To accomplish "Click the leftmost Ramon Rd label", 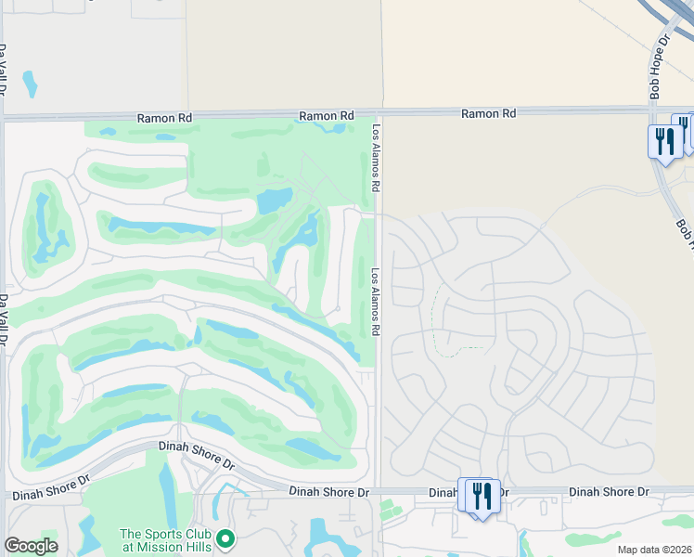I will pos(164,118).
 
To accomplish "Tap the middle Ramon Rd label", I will pos(327,116).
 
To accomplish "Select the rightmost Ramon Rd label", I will pos(489,113).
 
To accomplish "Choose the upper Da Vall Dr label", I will pos(4,70).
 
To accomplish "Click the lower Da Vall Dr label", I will pos(4,320).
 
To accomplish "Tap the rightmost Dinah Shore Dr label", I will pos(609,491).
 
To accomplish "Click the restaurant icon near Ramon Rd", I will pos(664,142).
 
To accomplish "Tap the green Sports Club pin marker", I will pos(225,538).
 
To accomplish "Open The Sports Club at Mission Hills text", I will pos(167,539).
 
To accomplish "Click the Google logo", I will pos(31,546).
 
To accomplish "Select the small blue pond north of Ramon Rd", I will pos(30,84).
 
